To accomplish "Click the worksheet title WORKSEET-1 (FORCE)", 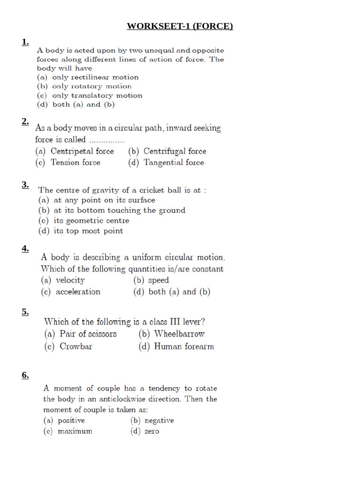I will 180,26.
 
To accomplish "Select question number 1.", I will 25,43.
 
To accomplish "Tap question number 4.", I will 25,249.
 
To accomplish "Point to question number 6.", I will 25,375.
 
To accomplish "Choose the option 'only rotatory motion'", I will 84,86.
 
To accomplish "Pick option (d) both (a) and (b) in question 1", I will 76,105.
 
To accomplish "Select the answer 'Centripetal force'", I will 75,151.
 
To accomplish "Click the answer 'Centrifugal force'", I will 167,151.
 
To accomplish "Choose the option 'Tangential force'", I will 166,163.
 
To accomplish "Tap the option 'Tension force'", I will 68,163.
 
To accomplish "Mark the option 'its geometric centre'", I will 84,221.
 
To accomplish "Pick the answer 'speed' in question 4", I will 151,280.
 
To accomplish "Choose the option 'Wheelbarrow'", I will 172,334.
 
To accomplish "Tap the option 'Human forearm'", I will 176,347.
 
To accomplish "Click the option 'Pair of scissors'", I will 81,334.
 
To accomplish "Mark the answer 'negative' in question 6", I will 152,420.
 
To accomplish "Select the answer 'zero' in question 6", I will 145,431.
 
